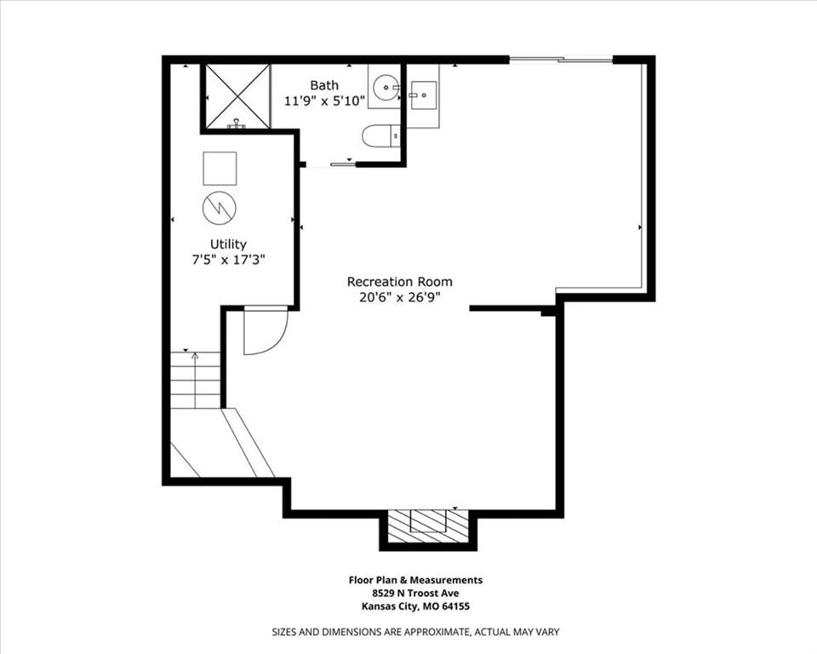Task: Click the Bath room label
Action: click(324, 85)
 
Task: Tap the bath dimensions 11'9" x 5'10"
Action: click(324, 100)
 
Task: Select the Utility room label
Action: click(228, 244)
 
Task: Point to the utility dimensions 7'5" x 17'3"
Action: click(229, 260)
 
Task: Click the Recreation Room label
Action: click(400, 282)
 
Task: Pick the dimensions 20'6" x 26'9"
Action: click(400, 297)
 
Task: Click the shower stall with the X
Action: click(237, 96)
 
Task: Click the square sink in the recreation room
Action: click(425, 95)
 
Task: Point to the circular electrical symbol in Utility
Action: click(220, 208)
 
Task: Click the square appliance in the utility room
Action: click(220, 168)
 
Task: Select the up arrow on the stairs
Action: click(195, 380)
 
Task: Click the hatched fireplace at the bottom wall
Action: click(427, 527)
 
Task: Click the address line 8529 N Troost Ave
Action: click(415, 593)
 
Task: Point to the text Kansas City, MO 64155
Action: click(415, 606)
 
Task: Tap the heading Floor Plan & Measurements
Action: click(415, 580)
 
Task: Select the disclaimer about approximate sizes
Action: click(415, 632)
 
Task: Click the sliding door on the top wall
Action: click(561, 60)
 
